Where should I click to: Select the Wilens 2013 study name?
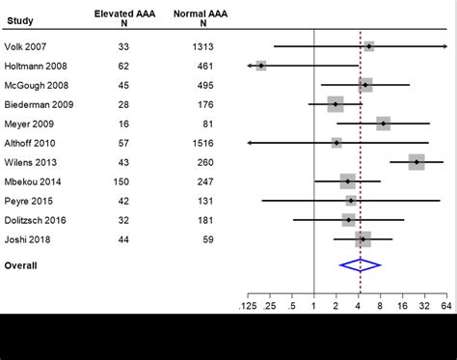[x=33, y=162]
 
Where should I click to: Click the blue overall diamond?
[x=361, y=264]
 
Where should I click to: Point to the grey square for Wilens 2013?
[x=417, y=162]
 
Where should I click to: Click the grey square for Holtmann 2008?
[x=261, y=66]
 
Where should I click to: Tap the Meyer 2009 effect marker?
[x=384, y=124]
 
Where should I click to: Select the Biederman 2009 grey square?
[x=336, y=104]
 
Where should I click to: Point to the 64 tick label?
[x=445, y=306]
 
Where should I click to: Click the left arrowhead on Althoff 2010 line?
[x=251, y=143]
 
